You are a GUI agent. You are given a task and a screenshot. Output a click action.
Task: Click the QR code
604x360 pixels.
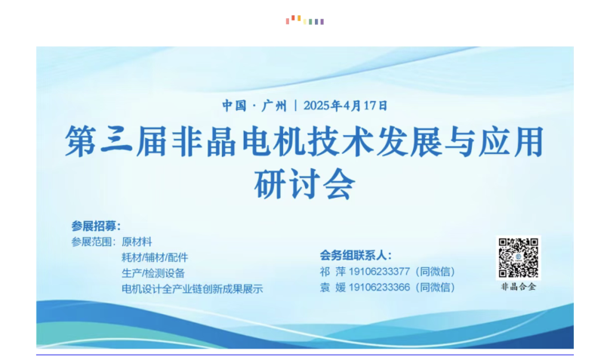[x=518, y=257]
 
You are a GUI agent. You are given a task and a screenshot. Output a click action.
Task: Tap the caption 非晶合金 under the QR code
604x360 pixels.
[x=518, y=287]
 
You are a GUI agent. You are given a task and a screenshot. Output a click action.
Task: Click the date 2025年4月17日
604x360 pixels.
[x=345, y=106]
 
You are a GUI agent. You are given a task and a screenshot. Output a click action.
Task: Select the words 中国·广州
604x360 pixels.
[x=254, y=106]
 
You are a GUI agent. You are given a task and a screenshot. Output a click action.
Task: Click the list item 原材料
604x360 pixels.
[x=137, y=242]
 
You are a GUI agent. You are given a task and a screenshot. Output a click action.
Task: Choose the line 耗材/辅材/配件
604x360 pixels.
[x=155, y=257]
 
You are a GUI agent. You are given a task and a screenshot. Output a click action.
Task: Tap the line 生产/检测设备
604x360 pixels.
[x=153, y=273]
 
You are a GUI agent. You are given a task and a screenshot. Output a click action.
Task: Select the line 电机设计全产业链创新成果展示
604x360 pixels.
[x=193, y=289]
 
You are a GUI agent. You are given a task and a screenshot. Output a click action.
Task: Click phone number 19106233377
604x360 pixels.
[x=379, y=272]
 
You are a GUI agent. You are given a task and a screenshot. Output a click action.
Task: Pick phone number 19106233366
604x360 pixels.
[x=379, y=288]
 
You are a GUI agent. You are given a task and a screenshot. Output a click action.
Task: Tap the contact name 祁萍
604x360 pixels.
[x=333, y=272]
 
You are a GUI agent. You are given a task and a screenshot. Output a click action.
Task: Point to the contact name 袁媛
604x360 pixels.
[x=333, y=288]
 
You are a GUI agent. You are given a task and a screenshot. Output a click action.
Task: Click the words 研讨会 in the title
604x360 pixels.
[x=304, y=184]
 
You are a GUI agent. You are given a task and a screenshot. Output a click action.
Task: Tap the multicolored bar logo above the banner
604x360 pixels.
[x=305, y=20]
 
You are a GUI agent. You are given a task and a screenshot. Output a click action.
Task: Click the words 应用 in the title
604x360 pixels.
[x=511, y=141]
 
